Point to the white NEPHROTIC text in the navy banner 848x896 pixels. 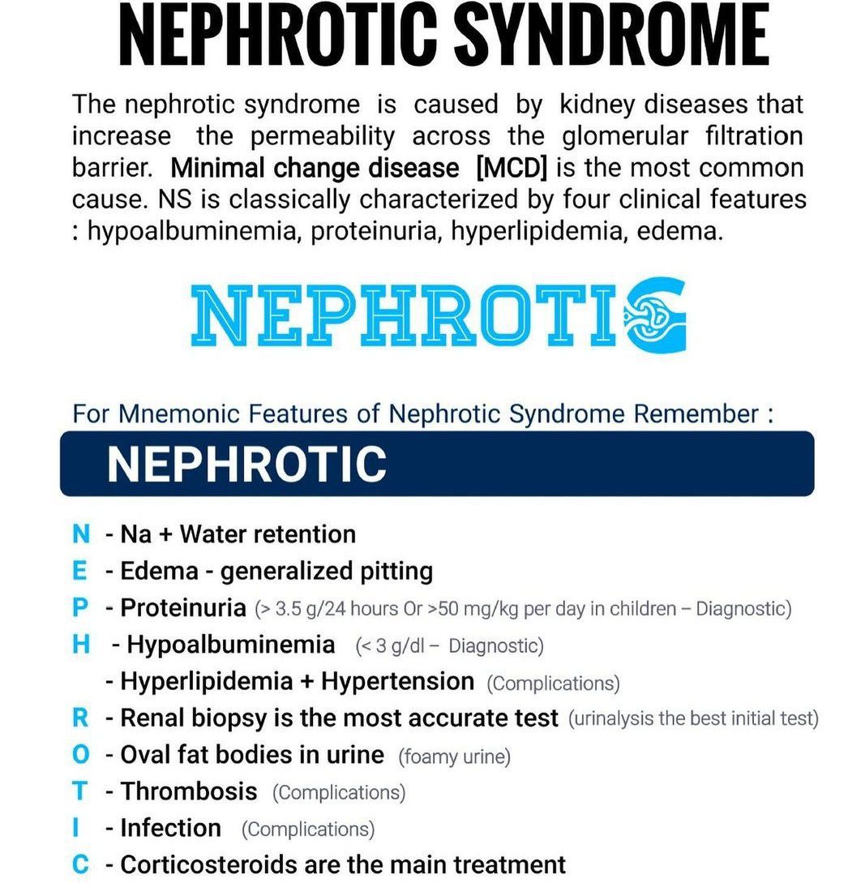[246, 464]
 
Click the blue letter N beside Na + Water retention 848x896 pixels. [81, 534]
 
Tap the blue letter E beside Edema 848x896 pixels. [79, 571]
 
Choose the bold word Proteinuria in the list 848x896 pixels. [182, 607]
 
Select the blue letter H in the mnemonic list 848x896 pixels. [80, 645]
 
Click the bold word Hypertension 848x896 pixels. [397, 681]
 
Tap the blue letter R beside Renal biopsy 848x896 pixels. [79, 718]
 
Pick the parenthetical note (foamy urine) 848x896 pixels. [455, 757]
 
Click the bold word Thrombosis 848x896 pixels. [188, 791]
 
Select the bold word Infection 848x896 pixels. [170, 828]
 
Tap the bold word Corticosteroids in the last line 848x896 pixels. [208, 864]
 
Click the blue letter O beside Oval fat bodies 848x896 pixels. [80, 754]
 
